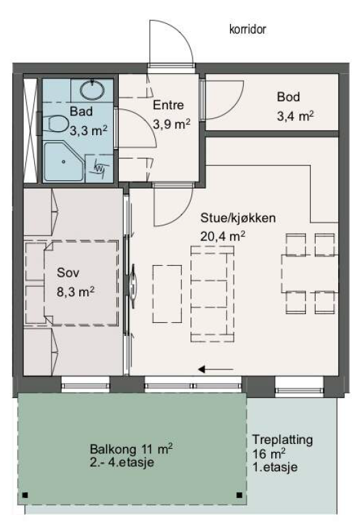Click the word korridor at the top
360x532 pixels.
247,29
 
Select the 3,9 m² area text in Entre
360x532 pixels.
171,124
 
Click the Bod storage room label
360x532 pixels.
289,97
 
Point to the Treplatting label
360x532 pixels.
282,440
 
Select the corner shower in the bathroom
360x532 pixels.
64,161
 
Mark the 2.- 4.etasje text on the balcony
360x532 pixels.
122,463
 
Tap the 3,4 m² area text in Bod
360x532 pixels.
294,116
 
